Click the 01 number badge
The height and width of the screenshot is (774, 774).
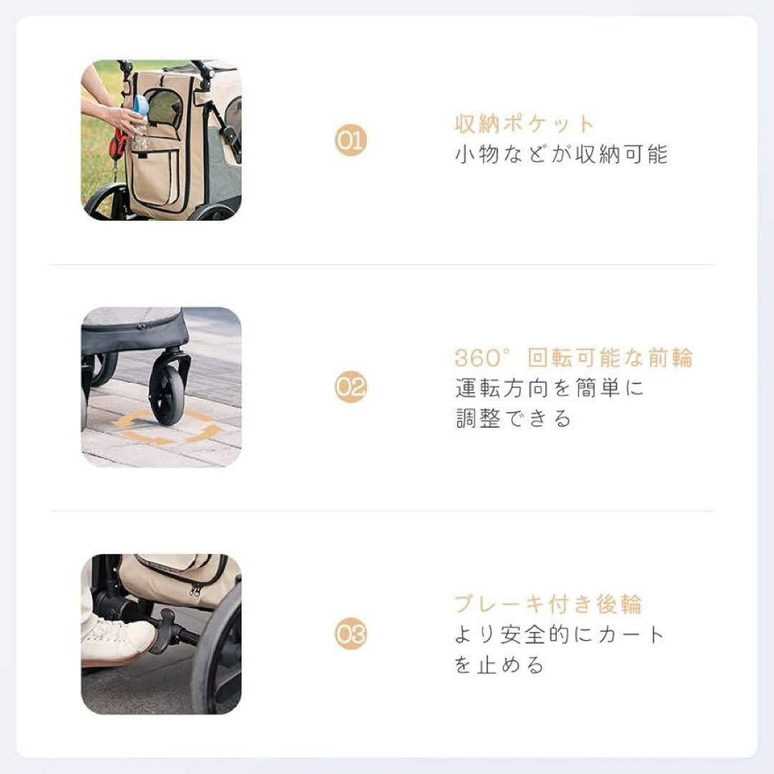pyautogui.click(x=350, y=141)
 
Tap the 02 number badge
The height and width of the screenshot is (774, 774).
pyautogui.click(x=350, y=388)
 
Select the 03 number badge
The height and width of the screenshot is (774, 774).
pyautogui.click(x=350, y=634)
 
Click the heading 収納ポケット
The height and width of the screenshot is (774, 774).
pyautogui.click(x=525, y=123)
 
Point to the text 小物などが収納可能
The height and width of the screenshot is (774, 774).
pyautogui.click(x=561, y=155)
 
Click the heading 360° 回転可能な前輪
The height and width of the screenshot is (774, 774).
pyautogui.click(x=573, y=358)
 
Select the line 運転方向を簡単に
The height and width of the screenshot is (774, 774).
pyautogui.click(x=550, y=388)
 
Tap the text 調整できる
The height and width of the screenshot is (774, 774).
pyautogui.click(x=514, y=419)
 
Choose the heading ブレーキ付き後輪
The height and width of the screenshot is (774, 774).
pyautogui.click(x=548, y=604)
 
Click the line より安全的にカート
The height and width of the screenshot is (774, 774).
pyautogui.click(x=560, y=634)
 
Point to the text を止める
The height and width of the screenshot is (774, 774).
pyautogui.click(x=500, y=665)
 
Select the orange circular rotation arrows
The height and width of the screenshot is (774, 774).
pyautogui.click(x=168, y=428)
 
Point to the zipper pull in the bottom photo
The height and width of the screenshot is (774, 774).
pyautogui.click(x=195, y=589)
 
